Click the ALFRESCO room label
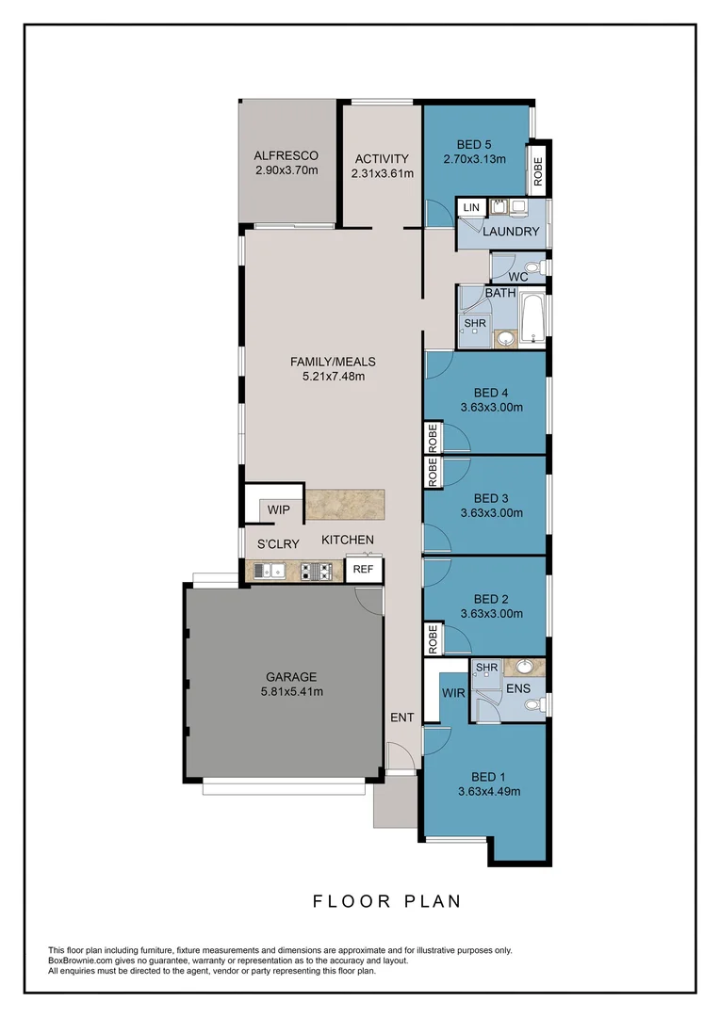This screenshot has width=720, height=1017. point(286,156)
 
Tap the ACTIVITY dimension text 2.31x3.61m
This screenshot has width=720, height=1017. point(382,173)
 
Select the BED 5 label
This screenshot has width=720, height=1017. point(474,144)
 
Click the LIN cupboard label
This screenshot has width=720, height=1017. point(471,207)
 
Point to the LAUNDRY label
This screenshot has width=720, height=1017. point(512,232)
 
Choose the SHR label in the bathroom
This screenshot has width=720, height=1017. point(473,323)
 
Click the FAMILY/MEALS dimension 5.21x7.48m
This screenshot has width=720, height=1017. point(333,376)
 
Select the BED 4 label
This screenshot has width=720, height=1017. point(491,393)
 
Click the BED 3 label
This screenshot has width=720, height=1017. point(491,498)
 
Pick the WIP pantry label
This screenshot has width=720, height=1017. point(279,510)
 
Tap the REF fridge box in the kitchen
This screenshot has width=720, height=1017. point(362,570)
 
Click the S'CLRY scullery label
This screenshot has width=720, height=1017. point(279,544)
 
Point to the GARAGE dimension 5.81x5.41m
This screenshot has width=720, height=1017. point(290,692)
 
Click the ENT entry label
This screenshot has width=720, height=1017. point(402,718)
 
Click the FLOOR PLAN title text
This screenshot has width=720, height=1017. point(387,901)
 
